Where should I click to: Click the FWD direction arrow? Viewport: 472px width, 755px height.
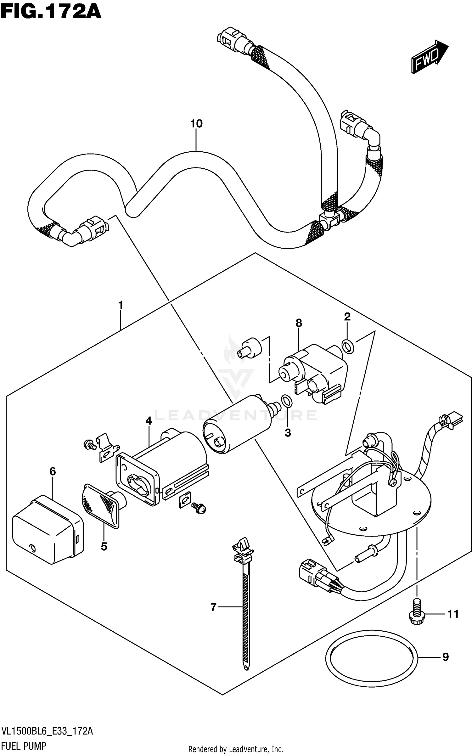tap(429, 57)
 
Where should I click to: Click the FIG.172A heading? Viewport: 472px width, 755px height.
tap(51, 12)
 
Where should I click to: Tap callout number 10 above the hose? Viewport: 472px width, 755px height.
tap(196, 124)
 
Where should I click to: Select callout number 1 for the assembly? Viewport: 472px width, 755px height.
tap(121, 305)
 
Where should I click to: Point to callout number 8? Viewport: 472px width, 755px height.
tap(299, 323)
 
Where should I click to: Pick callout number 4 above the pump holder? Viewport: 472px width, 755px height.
tap(149, 420)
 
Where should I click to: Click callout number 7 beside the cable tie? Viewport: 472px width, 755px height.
tap(213, 607)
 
